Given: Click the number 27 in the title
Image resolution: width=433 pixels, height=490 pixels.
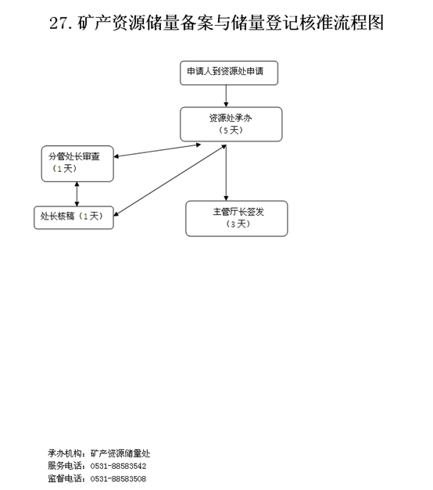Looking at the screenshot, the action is tap(58, 23).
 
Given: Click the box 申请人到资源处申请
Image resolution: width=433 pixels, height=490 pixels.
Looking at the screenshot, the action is tap(229, 73).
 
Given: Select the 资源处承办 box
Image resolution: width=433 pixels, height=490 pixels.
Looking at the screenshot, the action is tap(231, 124).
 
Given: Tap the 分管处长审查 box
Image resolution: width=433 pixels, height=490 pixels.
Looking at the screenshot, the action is tap(77, 163).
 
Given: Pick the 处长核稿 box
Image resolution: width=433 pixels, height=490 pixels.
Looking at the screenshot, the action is tap(73, 217).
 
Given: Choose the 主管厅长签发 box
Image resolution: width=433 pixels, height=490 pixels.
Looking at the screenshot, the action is tap(237, 219).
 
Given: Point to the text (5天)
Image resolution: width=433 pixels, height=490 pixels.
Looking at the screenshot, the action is tap(231, 131).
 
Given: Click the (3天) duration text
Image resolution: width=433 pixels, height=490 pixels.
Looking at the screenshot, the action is tap(238, 224).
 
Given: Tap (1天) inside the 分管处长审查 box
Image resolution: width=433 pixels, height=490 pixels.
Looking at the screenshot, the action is tap(64, 169).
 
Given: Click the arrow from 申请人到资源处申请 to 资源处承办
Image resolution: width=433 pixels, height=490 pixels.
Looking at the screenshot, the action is tap(226, 96).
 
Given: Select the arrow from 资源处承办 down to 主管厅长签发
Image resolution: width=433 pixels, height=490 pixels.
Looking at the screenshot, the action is tap(226, 173).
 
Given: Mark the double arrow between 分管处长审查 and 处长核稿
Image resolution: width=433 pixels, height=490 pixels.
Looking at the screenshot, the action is tap(77, 194).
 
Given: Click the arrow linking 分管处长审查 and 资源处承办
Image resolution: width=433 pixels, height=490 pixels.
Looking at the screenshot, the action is tap(157, 150).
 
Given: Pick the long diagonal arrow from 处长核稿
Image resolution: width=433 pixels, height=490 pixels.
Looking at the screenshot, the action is tap(170, 181).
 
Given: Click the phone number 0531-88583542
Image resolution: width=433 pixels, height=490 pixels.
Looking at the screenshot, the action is tap(118, 466).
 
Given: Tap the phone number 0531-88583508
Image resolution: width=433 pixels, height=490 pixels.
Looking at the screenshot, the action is tap(118, 478).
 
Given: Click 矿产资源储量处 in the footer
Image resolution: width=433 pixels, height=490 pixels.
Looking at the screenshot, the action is tap(120, 453).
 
